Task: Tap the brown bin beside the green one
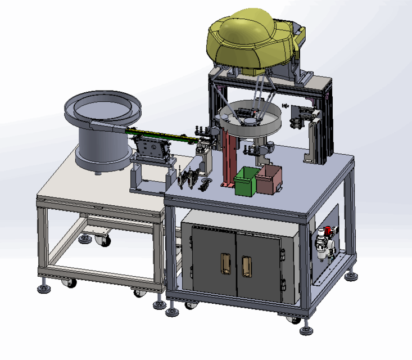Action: coord(268,179)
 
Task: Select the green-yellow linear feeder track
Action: coord(163,135)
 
